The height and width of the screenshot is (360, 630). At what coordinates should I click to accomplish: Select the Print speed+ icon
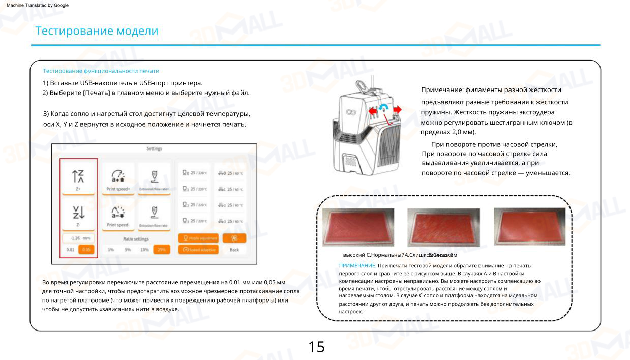coord(118,176)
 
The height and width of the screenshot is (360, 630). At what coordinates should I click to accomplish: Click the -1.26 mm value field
coord(78,238)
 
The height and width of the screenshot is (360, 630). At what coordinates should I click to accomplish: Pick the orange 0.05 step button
coord(86,250)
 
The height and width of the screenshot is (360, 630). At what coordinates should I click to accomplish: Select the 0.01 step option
coord(70,250)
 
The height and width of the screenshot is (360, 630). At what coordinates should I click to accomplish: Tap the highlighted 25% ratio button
coord(161,250)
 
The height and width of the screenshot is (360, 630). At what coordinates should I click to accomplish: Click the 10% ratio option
coord(145,250)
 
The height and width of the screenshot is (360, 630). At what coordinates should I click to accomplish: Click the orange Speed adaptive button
coord(198,250)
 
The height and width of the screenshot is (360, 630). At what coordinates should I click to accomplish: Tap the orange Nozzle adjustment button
coord(198,238)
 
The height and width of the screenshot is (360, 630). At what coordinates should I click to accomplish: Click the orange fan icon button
coord(234,238)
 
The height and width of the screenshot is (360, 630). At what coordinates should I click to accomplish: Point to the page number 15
coord(316,347)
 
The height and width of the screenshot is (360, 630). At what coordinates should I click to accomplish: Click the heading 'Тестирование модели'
coord(97,31)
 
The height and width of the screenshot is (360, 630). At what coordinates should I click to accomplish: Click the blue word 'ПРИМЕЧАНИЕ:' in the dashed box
coord(357,266)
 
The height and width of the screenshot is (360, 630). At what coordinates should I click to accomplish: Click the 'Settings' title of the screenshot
coord(154,148)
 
